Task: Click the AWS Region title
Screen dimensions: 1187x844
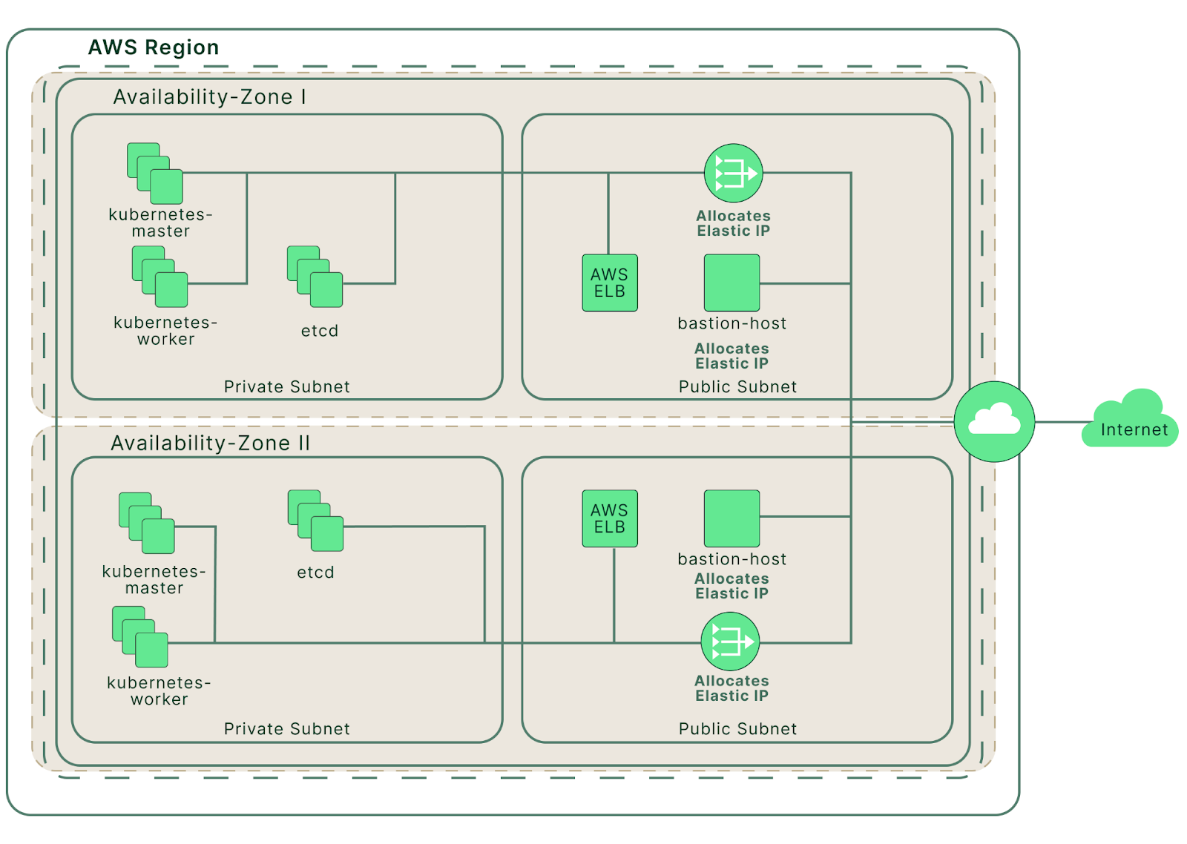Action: pyautogui.click(x=153, y=47)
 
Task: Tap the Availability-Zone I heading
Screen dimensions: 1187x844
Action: pyautogui.click(x=209, y=97)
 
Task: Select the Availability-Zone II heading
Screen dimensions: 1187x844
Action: pyautogui.click(x=210, y=443)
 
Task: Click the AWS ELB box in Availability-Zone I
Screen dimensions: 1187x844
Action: pyautogui.click(x=609, y=283)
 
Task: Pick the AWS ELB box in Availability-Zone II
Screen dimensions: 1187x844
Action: pyautogui.click(x=609, y=518)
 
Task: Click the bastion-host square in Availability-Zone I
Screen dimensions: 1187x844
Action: pyautogui.click(x=731, y=283)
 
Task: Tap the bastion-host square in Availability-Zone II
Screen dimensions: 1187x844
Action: pyautogui.click(x=731, y=518)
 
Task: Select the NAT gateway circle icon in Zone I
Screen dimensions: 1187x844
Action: pyautogui.click(x=734, y=173)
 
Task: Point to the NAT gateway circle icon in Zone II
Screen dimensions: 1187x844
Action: pyautogui.click(x=730, y=642)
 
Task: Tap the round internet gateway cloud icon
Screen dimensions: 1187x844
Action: pyautogui.click(x=994, y=421)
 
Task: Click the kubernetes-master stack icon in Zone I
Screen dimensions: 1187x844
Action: pyautogui.click(x=155, y=174)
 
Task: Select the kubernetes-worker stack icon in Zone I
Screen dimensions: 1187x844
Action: pyautogui.click(x=160, y=276)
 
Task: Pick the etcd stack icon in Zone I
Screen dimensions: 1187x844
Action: pyautogui.click(x=315, y=276)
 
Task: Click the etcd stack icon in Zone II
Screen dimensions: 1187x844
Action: pyautogui.click(x=315, y=521)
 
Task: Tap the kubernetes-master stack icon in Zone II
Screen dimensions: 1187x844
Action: pyautogui.click(x=146, y=523)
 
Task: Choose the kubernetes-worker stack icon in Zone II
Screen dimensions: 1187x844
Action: pyautogui.click(x=140, y=636)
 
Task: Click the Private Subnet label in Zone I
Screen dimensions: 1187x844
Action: pyautogui.click(x=286, y=386)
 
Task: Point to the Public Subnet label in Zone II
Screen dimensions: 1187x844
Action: pyautogui.click(x=737, y=728)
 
